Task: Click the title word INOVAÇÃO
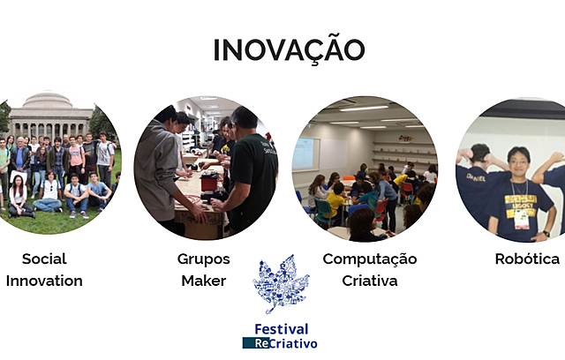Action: (289, 49)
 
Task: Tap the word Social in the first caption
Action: (44, 259)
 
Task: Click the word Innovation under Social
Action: (44, 281)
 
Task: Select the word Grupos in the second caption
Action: (204, 259)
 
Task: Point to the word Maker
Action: (204, 281)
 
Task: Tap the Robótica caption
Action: (527, 259)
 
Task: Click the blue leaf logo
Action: (281, 285)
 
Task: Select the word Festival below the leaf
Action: (281, 329)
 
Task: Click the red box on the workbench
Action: (208, 182)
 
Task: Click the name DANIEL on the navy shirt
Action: (474, 174)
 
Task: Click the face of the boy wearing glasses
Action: (519, 165)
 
